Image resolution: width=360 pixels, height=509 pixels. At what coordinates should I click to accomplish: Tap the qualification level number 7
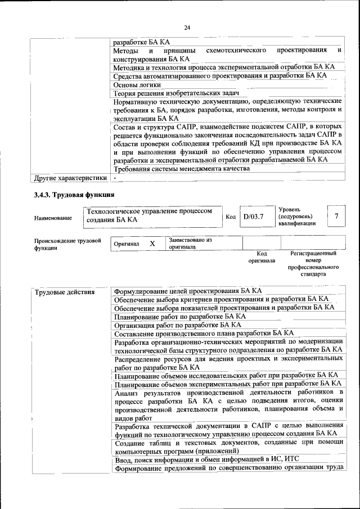tap(336, 217)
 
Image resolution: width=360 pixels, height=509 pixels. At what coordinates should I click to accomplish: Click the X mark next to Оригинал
tap(152, 244)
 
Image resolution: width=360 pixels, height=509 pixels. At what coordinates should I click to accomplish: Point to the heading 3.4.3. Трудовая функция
tap(75, 195)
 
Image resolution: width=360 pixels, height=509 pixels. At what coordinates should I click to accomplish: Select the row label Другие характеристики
tap(70, 178)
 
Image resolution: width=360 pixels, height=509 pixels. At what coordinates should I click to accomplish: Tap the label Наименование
tap(53, 218)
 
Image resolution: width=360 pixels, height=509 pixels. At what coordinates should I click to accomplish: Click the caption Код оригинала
tap(262, 258)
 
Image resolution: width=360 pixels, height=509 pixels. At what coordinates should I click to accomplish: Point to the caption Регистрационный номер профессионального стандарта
tap(313, 264)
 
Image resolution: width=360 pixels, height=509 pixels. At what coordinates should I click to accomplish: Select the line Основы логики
tap(137, 84)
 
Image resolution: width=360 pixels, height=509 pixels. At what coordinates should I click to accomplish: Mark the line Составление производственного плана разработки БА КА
tap(196, 333)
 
